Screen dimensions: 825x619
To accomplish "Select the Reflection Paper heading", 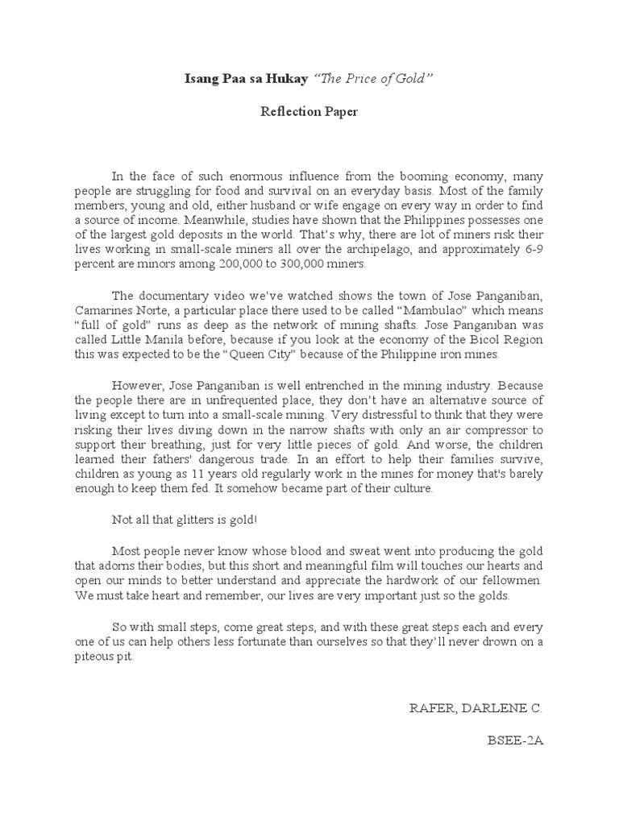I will click(x=309, y=112).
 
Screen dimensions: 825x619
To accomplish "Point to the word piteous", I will click(x=92, y=656).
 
